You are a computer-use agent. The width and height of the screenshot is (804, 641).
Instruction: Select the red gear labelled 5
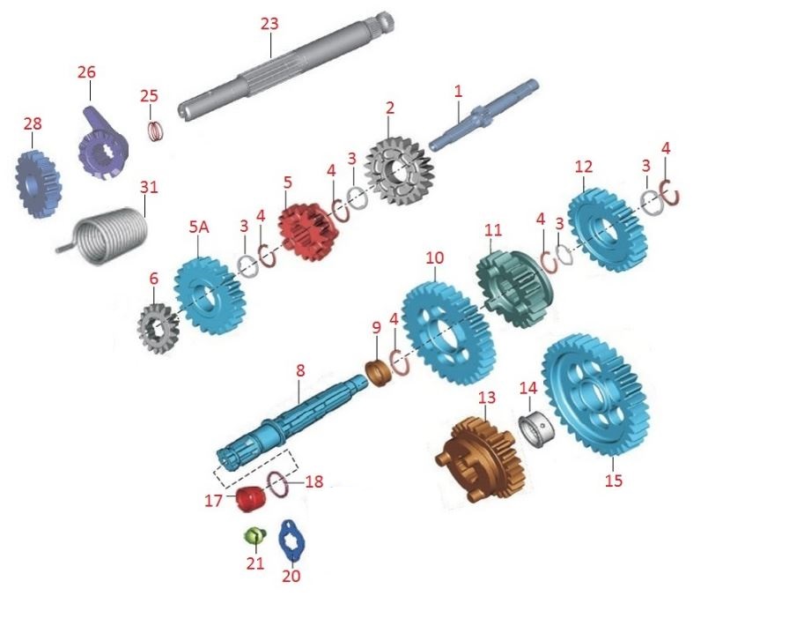pos(306,231)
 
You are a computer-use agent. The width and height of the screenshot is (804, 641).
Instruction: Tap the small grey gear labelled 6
pos(158,329)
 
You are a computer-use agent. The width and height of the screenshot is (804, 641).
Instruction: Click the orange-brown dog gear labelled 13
pos(481,458)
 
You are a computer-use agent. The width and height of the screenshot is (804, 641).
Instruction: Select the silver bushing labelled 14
pos(536,428)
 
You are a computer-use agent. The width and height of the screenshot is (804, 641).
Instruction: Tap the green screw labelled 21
pos(254,536)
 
